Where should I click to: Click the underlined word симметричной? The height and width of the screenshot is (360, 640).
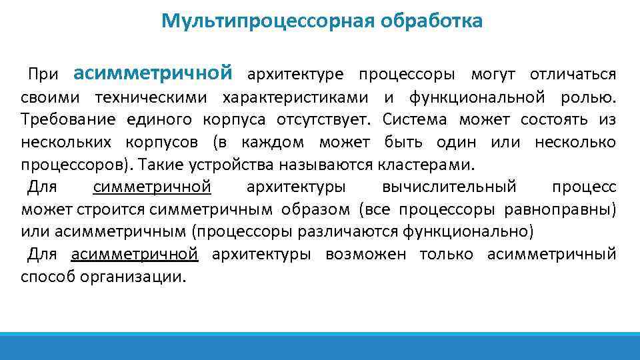[153, 187]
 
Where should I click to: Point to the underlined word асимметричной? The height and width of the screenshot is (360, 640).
[135, 254]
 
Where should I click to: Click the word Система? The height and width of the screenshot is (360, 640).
[423, 120]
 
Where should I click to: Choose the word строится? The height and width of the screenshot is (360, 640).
[111, 210]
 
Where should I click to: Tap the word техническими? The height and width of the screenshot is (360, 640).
[153, 97]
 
